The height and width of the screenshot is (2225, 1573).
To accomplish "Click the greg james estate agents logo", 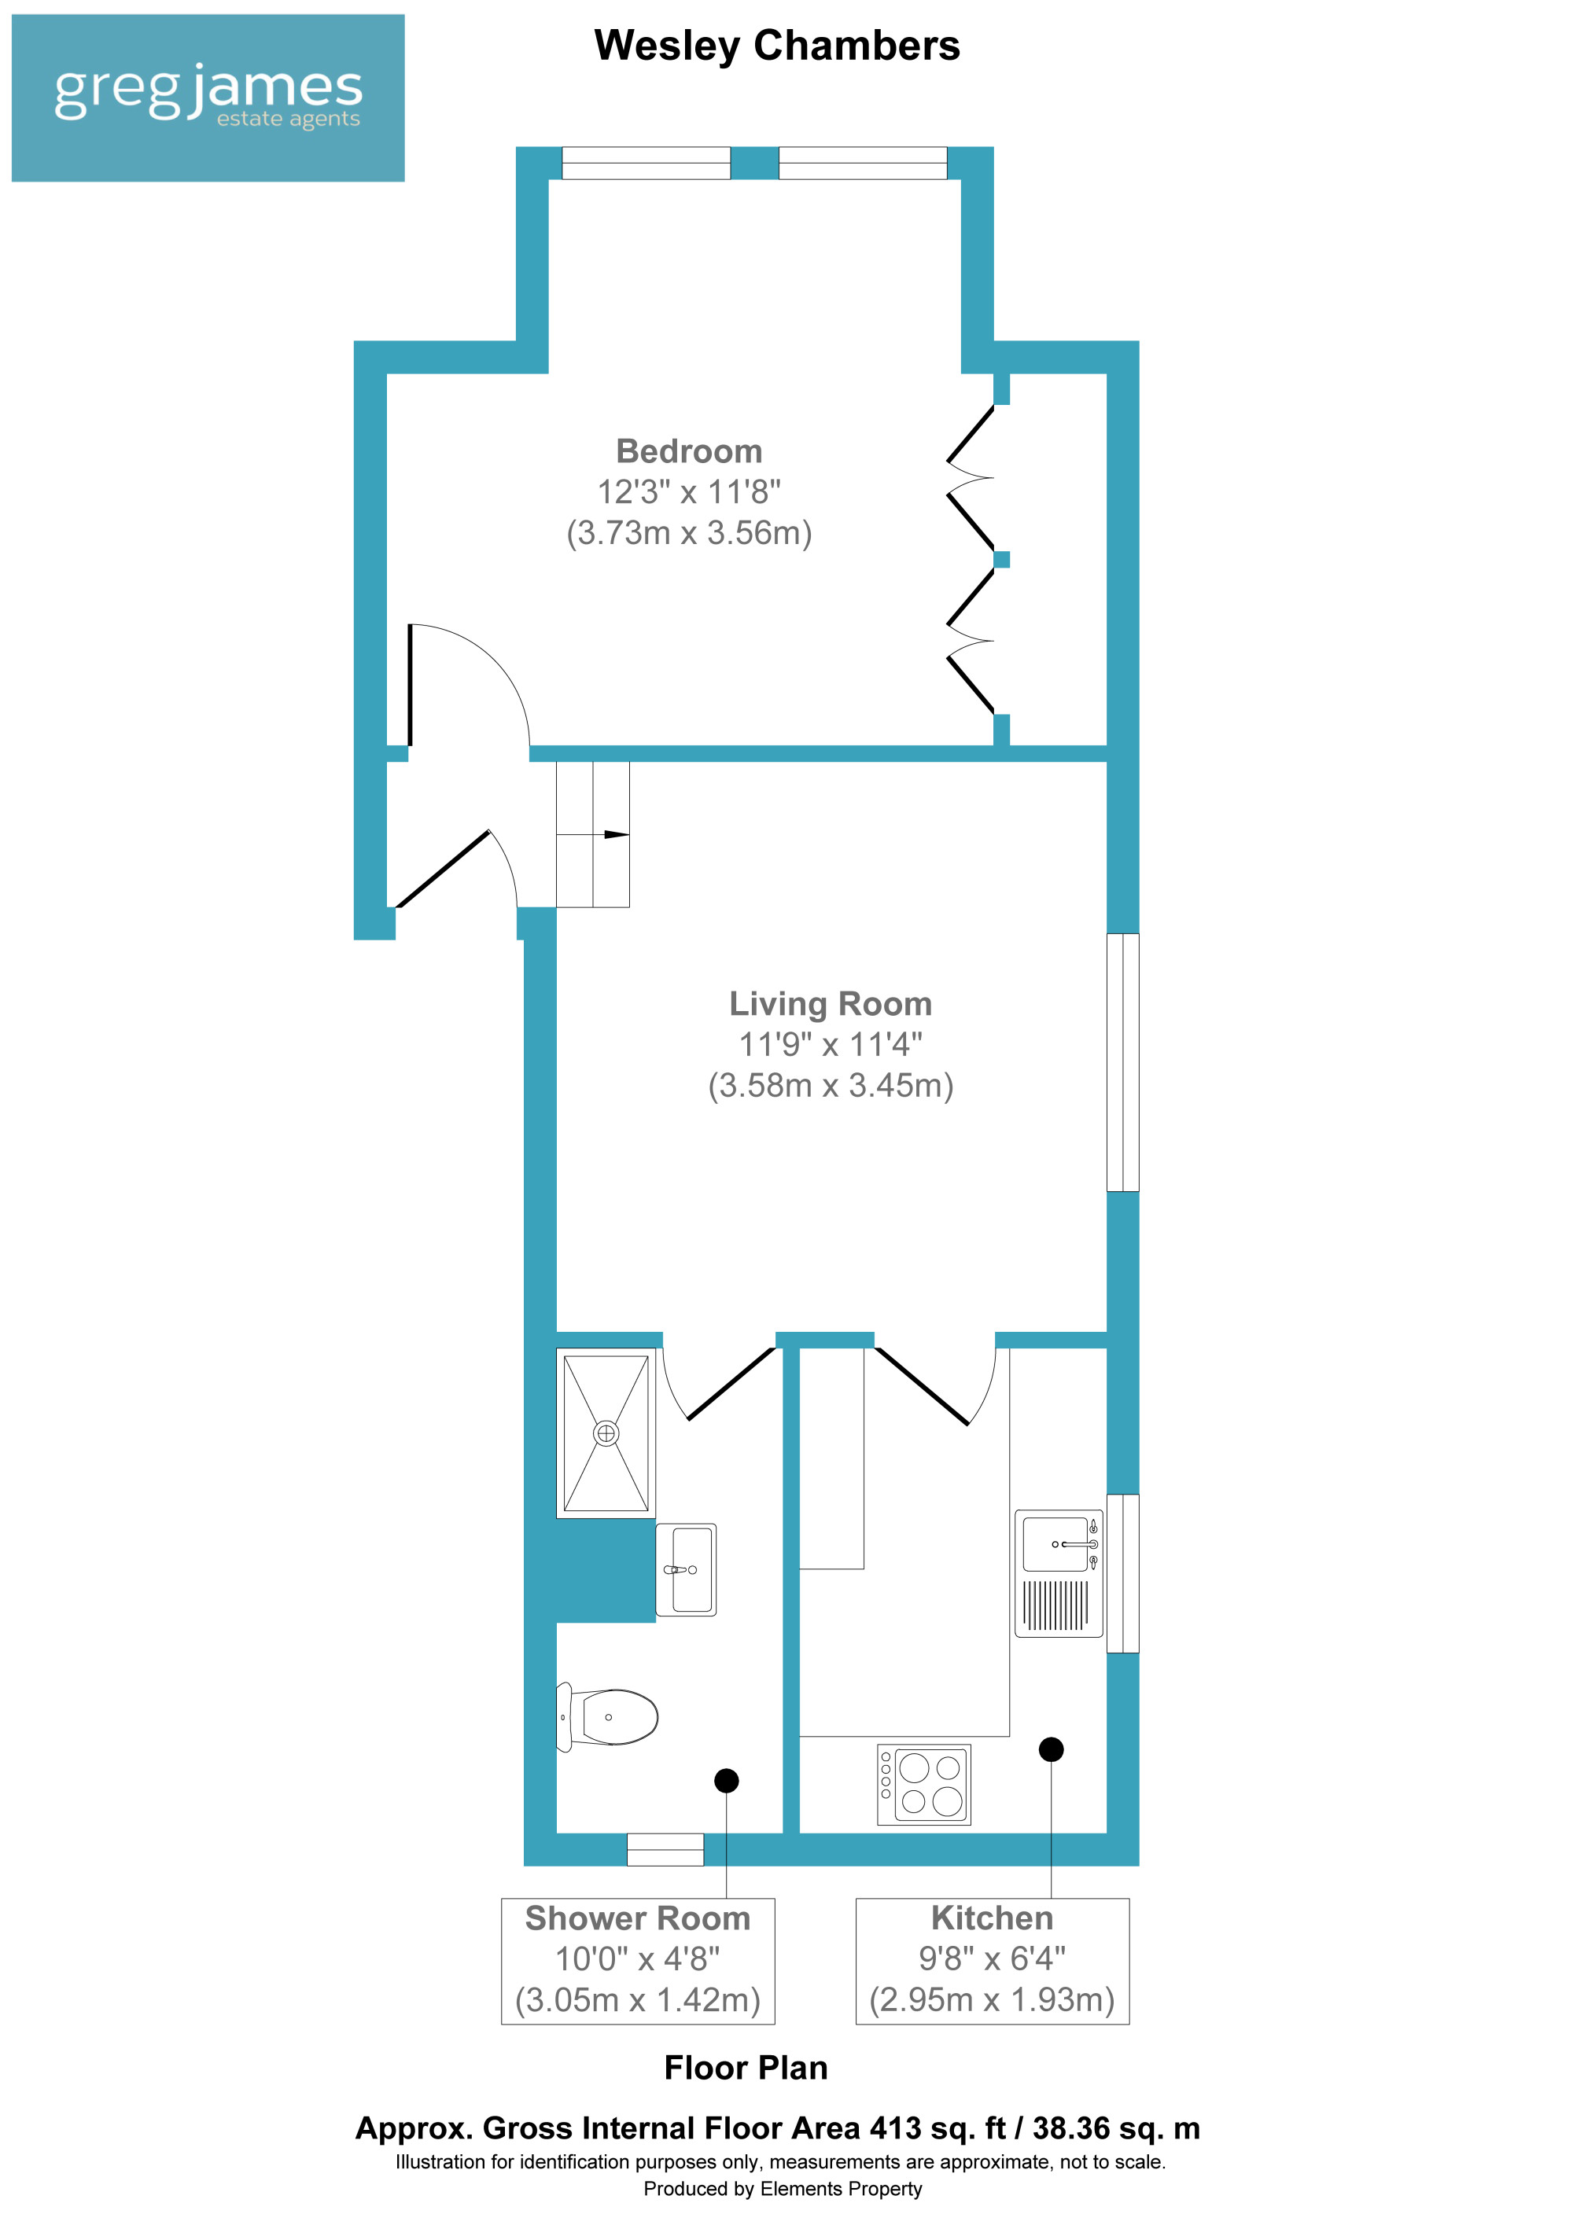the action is click(208, 97).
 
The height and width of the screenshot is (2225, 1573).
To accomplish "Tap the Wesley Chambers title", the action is click(776, 46).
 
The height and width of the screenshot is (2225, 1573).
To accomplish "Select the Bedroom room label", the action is click(689, 451).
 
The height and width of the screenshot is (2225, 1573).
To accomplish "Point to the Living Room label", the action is click(831, 1004).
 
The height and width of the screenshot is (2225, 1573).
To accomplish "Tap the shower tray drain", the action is click(606, 1433).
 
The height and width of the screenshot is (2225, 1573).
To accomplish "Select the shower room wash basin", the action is click(686, 1570).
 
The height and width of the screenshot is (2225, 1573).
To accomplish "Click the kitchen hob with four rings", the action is click(923, 1784).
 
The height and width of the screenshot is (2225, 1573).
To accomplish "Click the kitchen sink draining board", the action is click(1055, 1605).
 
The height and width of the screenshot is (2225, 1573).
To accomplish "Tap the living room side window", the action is click(1122, 1062).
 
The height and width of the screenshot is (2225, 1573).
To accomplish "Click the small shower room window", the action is click(665, 1849).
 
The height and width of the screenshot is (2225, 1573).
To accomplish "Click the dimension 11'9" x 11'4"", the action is click(831, 1045).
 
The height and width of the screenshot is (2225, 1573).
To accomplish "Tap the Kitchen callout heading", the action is click(992, 1918).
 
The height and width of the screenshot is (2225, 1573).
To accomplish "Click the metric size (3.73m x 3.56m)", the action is click(689, 533).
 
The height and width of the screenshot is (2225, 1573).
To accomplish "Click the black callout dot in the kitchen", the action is click(1051, 1749).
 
